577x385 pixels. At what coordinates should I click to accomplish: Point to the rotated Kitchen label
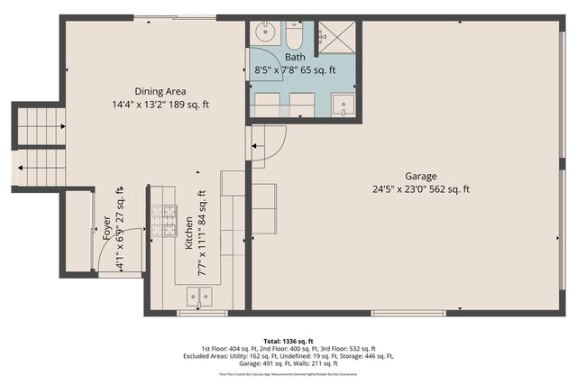tap(188, 233)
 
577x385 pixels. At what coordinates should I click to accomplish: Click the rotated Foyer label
tap(107, 225)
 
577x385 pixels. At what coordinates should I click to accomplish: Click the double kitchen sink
tap(198, 293)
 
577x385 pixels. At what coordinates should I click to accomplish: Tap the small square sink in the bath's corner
tap(343, 105)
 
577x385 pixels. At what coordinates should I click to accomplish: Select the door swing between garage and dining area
tap(270, 144)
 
